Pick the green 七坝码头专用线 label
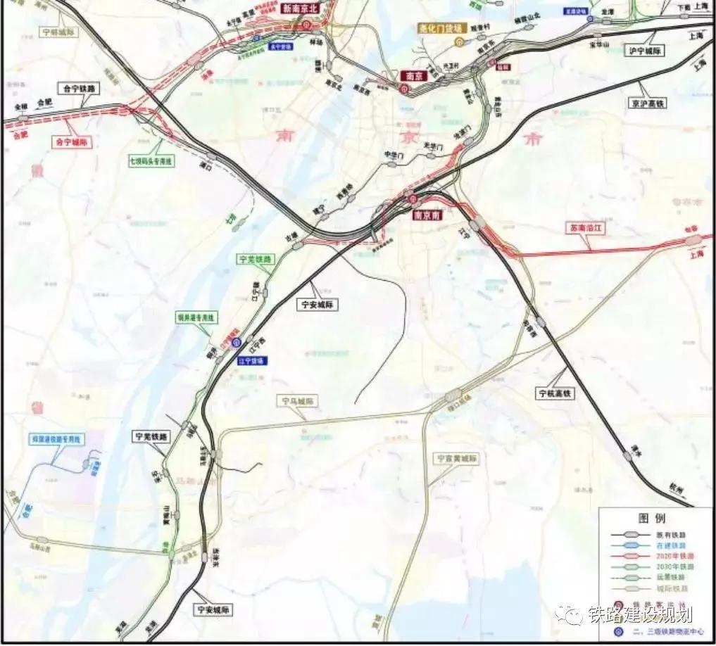pyautogui.click(x=151, y=161)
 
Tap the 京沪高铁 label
pyautogui.click(x=648, y=103)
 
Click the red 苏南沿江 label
pyautogui.click(x=589, y=228)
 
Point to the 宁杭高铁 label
pyautogui.click(x=555, y=393)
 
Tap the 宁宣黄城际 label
pyautogui.click(x=456, y=458)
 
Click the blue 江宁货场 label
pyautogui.click(x=252, y=361)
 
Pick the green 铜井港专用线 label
pyautogui.click(x=194, y=318)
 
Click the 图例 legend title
pyautogui.click(x=652, y=517)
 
